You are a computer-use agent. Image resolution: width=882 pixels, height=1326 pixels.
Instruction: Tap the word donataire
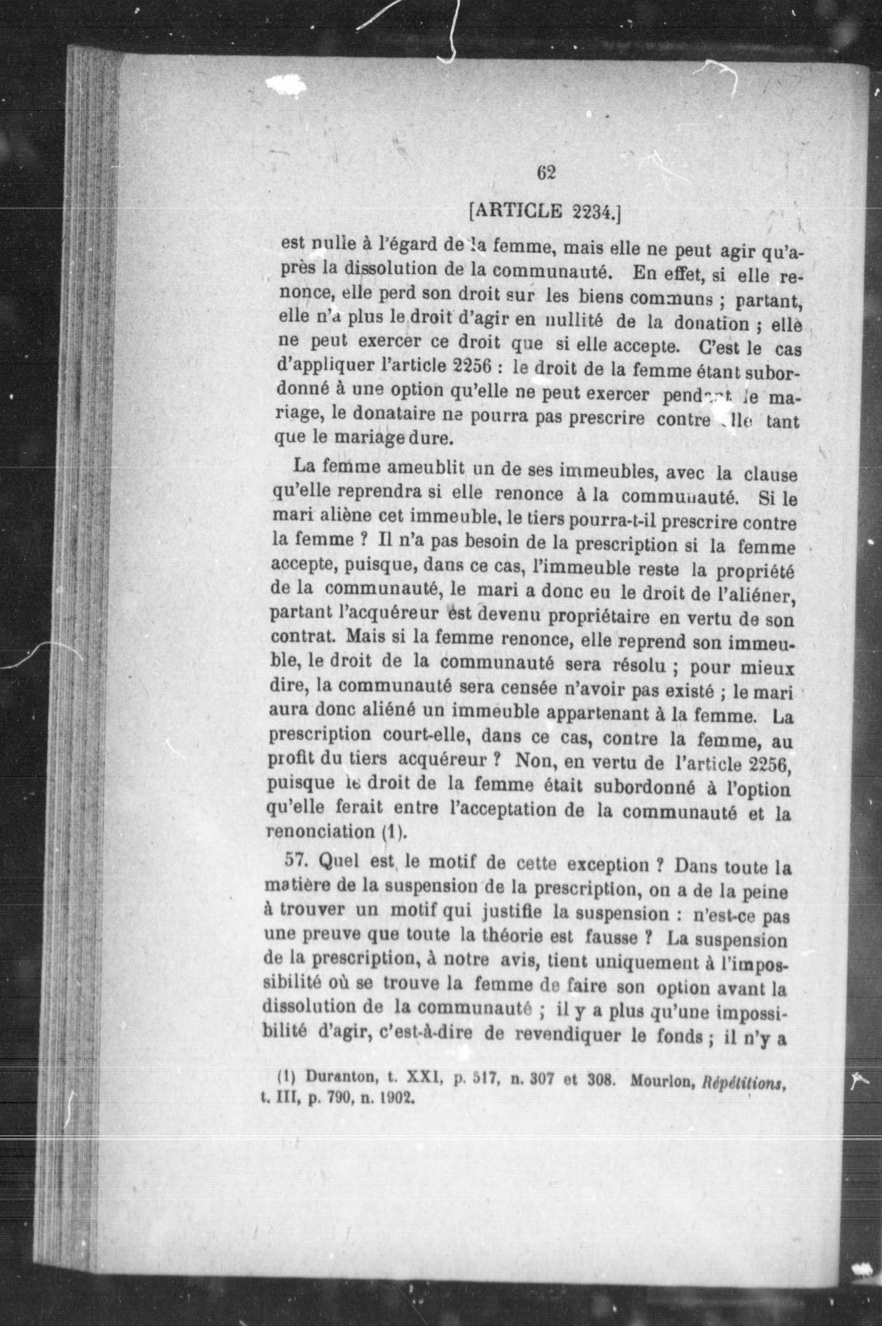pos(390,417)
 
